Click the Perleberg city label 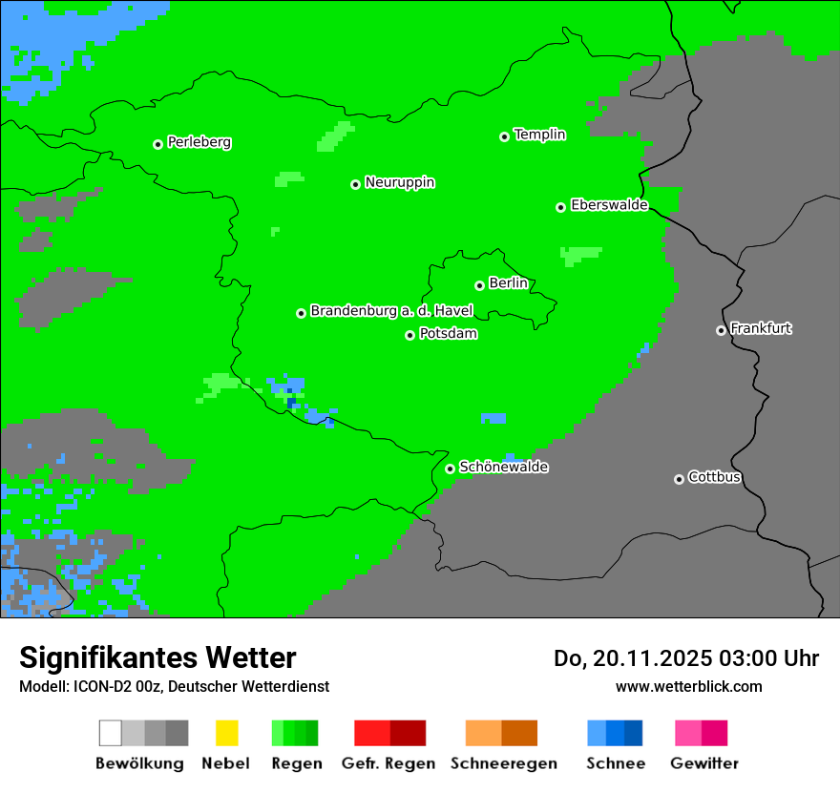coord(199,142)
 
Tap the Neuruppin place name coord(399,182)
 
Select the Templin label coord(539,135)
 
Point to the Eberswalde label coord(609,205)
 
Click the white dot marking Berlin coord(479,285)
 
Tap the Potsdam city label coord(448,334)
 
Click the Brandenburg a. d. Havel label coord(391,311)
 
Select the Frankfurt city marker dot coord(721,330)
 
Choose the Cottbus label coord(714,477)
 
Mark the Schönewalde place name coord(503,467)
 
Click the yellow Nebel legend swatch coord(226,733)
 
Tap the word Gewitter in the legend coord(703,763)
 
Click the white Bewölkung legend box coord(111,733)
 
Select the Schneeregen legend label coord(504,763)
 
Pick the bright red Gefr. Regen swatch coord(372,733)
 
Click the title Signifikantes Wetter coord(157,657)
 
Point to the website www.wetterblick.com coord(688,686)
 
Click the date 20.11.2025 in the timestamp coord(651,658)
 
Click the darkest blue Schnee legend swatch coord(634,733)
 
